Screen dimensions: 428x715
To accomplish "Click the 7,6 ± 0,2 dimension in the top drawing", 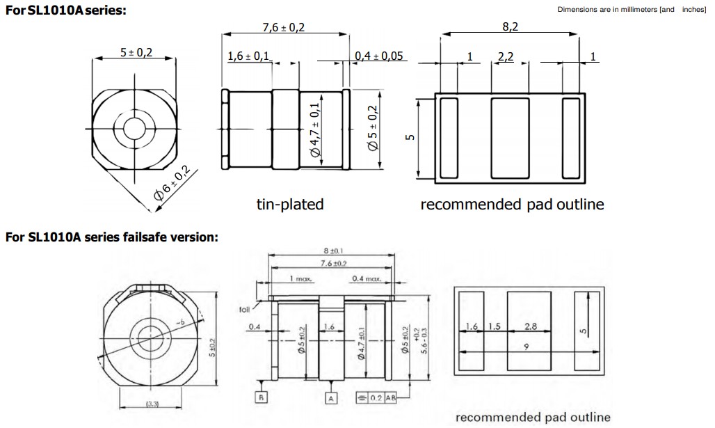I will coord(284,27).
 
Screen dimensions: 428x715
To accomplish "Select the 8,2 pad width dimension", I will coord(511,27).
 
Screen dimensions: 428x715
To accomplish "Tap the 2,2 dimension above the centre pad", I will coord(506,56).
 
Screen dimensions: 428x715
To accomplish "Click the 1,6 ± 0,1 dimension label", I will coord(249,56).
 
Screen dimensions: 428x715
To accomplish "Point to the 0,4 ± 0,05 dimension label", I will coord(380,56).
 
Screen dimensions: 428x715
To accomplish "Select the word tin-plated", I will coord(290,204).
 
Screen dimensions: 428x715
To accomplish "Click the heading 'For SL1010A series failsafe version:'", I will coord(112,237).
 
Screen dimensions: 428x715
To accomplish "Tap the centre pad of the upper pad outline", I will coord(511,138).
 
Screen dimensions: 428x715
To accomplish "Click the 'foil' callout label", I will coord(244,309).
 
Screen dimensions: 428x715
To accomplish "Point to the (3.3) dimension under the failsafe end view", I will coord(152,404).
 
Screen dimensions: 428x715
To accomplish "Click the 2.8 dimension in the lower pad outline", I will coord(530,326).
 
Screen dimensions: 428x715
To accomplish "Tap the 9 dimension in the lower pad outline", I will coord(526,346).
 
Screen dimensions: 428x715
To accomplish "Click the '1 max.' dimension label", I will coord(300,278).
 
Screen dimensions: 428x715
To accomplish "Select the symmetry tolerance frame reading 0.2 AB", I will coord(376,399).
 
